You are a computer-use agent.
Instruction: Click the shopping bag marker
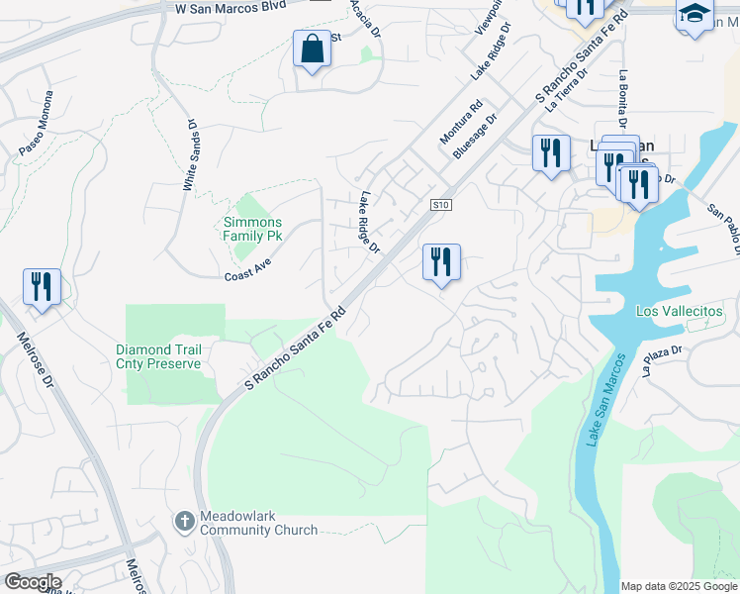click(x=312, y=49)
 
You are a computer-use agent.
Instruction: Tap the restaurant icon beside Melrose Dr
click(x=42, y=287)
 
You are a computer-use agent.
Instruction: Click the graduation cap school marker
click(x=694, y=15)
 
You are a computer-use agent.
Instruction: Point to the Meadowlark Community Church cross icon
click(x=184, y=521)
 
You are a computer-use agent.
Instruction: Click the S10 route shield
click(x=441, y=205)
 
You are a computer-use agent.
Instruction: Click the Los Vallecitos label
click(x=680, y=311)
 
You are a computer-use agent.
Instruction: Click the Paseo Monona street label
click(x=36, y=124)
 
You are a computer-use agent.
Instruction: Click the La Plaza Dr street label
click(x=662, y=362)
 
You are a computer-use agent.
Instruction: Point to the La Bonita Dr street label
click(x=622, y=100)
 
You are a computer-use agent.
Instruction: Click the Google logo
click(x=32, y=582)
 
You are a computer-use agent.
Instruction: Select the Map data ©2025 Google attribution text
click(x=678, y=586)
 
